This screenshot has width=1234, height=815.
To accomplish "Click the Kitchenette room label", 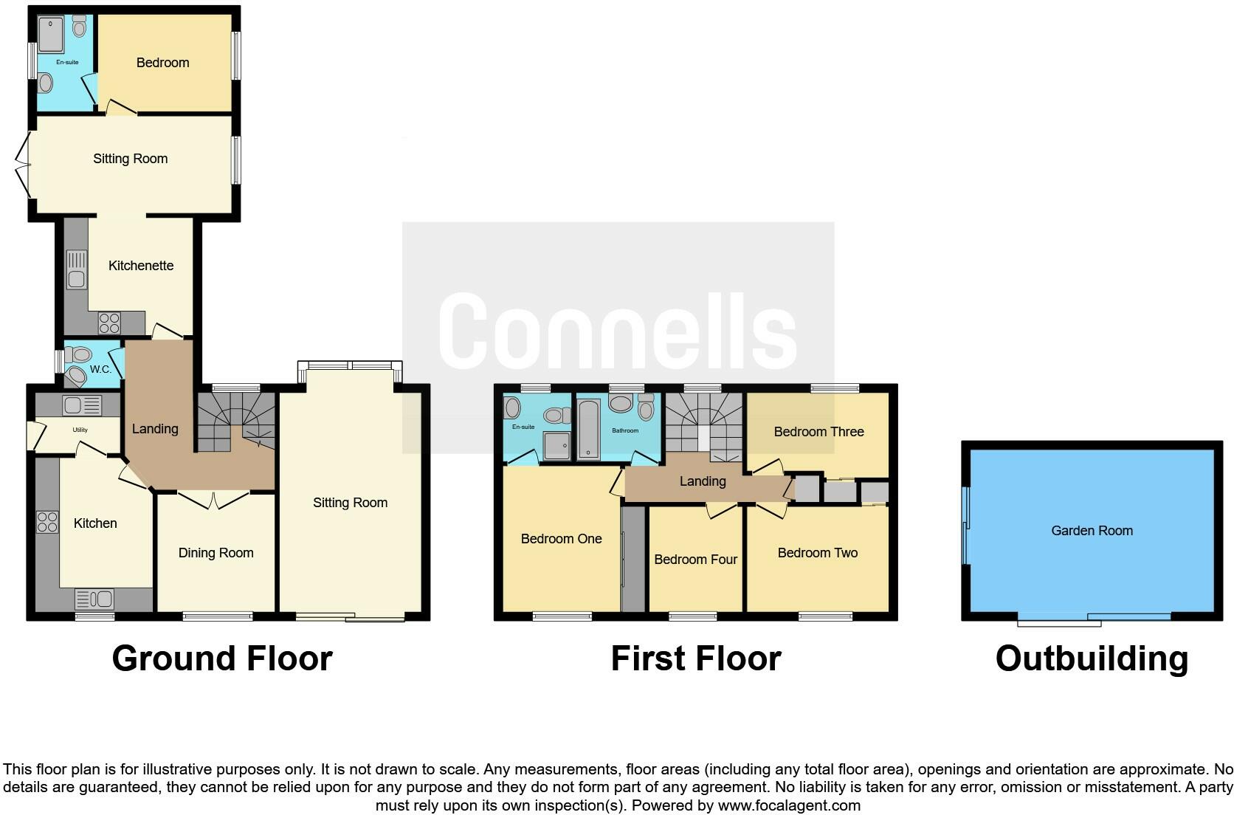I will [141, 266].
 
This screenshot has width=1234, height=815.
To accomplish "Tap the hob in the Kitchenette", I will [109, 323].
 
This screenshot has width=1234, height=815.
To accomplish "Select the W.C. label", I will [100, 369].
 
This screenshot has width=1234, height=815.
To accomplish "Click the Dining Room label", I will [216, 553].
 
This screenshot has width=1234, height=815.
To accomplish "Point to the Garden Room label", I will [1092, 531].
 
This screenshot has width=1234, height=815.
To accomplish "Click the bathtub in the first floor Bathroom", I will [588, 429].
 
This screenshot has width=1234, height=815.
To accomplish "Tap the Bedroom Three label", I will [818, 432].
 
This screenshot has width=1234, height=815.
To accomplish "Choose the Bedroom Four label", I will [695, 560].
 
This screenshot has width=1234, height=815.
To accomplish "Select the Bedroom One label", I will [561, 539].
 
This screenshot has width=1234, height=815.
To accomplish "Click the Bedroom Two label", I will [817, 553].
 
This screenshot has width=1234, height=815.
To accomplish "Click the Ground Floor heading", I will [222, 658].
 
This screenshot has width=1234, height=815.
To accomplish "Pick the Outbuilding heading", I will [1092, 658].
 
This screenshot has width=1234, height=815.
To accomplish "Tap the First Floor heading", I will [695, 658].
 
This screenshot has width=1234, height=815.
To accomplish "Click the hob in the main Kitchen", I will [47, 522].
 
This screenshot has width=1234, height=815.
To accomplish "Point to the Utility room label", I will [80, 430].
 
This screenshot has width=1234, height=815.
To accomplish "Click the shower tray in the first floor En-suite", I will [557, 445].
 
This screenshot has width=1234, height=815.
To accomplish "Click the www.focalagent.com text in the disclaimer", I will [788, 805].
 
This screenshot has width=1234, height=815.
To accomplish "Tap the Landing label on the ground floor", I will [155, 429].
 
